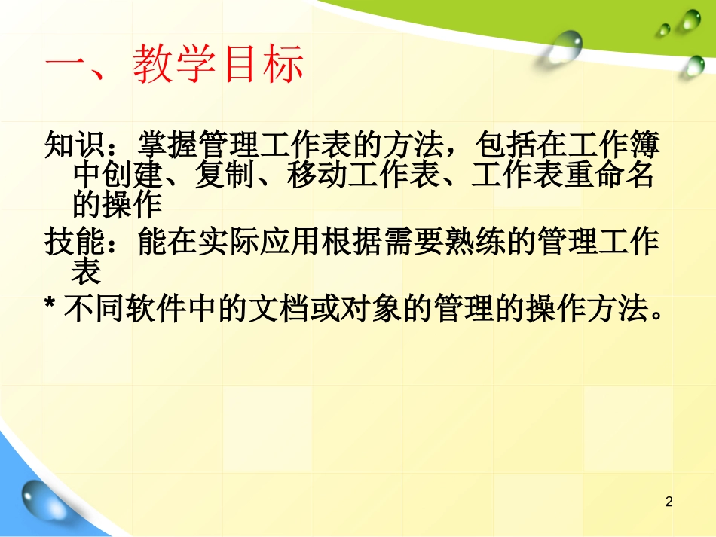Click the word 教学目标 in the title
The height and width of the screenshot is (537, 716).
(x=219, y=63)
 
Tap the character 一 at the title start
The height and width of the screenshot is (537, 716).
(x=67, y=64)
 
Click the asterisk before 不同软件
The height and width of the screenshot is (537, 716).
(x=50, y=307)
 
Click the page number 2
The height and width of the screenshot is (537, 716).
(x=669, y=502)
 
